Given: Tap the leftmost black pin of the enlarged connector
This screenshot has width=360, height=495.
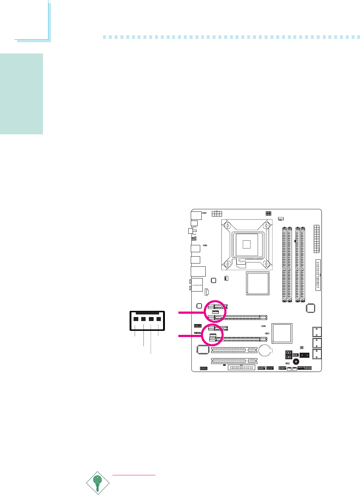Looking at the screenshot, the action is tap(135, 319).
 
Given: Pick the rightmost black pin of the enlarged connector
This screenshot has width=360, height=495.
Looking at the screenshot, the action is tap(159, 319).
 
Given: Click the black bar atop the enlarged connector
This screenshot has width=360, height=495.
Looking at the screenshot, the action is tap(147, 313).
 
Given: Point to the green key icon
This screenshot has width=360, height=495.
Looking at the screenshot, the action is tap(97, 482).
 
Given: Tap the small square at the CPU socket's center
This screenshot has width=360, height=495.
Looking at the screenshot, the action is tap(246, 244).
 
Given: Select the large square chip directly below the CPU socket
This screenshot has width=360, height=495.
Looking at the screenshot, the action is tap(258, 283).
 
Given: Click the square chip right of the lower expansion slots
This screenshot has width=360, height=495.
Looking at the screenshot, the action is tap(282, 333).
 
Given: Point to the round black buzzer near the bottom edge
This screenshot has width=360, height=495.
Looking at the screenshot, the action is tap(296, 362).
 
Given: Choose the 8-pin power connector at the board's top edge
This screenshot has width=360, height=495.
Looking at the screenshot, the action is tap(217, 213).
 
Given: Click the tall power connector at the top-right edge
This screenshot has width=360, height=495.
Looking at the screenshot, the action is tap(317, 239).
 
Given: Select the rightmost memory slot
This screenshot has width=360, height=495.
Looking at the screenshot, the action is tap(303, 264).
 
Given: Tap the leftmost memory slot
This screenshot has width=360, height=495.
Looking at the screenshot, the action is tap(284, 264).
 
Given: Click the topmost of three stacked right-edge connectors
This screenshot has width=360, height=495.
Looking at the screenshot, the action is tap(317, 332).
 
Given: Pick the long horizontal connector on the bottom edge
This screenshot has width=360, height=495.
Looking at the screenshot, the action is tap(241, 368).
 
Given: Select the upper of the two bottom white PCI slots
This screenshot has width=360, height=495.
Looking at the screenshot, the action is tap(234, 350).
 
